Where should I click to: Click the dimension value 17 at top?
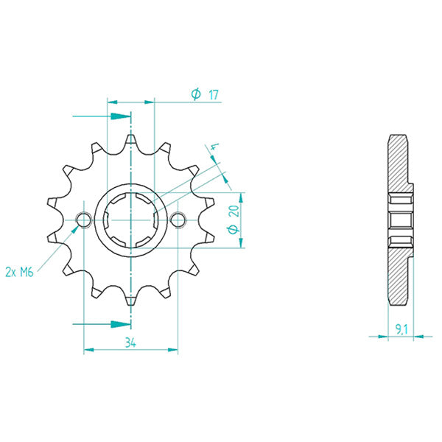coord(213,94)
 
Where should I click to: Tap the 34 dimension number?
coord(130,342)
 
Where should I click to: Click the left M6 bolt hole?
coord(83,220)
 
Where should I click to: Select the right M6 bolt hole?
coord(178,220)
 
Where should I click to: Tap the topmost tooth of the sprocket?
coord(130,140)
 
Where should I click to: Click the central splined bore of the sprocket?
coord(130,220)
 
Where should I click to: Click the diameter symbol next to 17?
coord(196,94)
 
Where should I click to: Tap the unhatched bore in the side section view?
coord(399,220)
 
